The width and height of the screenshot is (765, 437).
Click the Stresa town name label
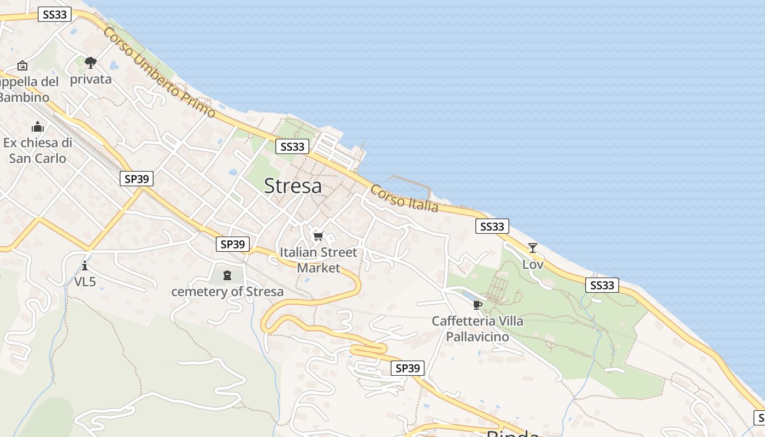click(x=293, y=186)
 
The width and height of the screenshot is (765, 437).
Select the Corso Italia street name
click(x=404, y=198)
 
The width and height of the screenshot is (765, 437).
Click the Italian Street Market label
click(x=318, y=260)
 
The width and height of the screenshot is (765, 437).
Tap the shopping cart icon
click(x=318, y=237)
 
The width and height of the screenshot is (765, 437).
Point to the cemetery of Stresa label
click(x=227, y=292)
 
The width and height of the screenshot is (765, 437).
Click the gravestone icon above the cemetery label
click(x=227, y=275)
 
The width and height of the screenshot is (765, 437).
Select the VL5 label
click(x=85, y=282)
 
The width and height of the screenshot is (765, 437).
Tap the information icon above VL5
click(x=85, y=266)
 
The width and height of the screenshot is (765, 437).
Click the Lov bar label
click(x=533, y=264)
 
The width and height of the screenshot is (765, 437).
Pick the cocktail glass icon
click(x=533, y=248)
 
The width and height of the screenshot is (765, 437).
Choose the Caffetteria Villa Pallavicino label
click(x=478, y=329)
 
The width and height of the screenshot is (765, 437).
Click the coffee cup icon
click(x=477, y=304)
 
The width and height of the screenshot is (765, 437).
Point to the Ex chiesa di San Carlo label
click(x=38, y=151)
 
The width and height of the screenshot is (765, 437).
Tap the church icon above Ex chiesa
click(x=38, y=127)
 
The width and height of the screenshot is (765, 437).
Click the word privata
click(x=91, y=79)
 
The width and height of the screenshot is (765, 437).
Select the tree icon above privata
click(x=91, y=63)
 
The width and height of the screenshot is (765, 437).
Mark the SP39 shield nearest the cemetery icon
click(x=233, y=244)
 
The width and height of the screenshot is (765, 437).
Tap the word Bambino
click(x=24, y=97)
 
